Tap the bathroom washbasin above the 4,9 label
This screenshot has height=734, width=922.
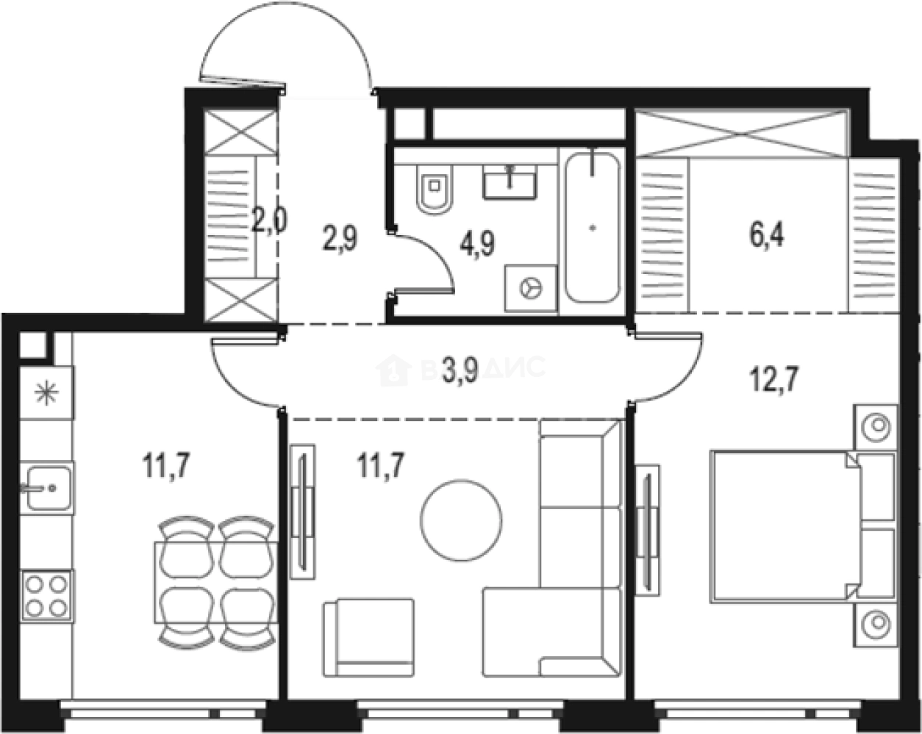(x=510, y=181)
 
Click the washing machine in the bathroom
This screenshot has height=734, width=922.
(x=530, y=287)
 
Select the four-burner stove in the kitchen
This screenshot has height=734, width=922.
(x=46, y=595)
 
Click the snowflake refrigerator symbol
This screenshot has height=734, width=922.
(x=46, y=394)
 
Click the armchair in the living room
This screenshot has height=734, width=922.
(x=368, y=636)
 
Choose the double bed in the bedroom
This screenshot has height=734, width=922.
(x=784, y=527)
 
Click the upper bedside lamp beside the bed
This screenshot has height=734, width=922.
(x=876, y=425)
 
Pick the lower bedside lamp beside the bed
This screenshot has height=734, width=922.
(x=876, y=625)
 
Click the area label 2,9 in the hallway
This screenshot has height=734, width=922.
(x=340, y=239)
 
